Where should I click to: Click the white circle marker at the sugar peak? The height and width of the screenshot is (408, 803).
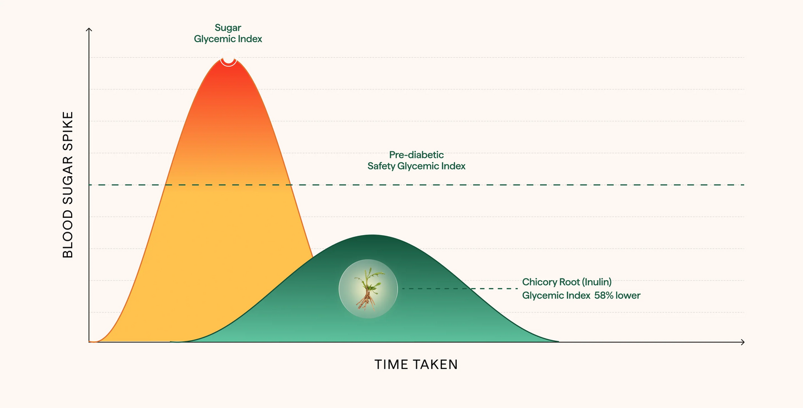(x=228, y=58)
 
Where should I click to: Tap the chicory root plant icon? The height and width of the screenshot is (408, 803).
(x=368, y=289)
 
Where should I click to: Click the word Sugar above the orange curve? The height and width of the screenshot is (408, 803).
(x=228, y=28)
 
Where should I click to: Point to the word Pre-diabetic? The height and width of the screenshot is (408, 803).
(x=416, y=155)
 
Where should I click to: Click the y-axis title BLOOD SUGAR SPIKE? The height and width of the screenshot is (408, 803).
(x=68, y=185)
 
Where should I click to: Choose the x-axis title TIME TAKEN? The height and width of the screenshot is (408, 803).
(x=416, y=365)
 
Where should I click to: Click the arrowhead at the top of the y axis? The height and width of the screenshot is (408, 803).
(x=89, y=29)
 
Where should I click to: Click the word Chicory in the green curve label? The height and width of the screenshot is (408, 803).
(x=539, y=282)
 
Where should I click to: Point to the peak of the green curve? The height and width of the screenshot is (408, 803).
(x=372, y=235)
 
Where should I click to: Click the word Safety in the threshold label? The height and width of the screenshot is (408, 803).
(x=381, y=166)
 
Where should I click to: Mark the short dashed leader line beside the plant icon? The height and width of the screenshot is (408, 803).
(x=460, y=288)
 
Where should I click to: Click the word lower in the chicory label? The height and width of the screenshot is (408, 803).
(x=628, y=296)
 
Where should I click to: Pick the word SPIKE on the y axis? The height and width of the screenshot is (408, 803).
(x=68, y=130)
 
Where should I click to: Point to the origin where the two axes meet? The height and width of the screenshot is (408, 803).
(x=89, y=342)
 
